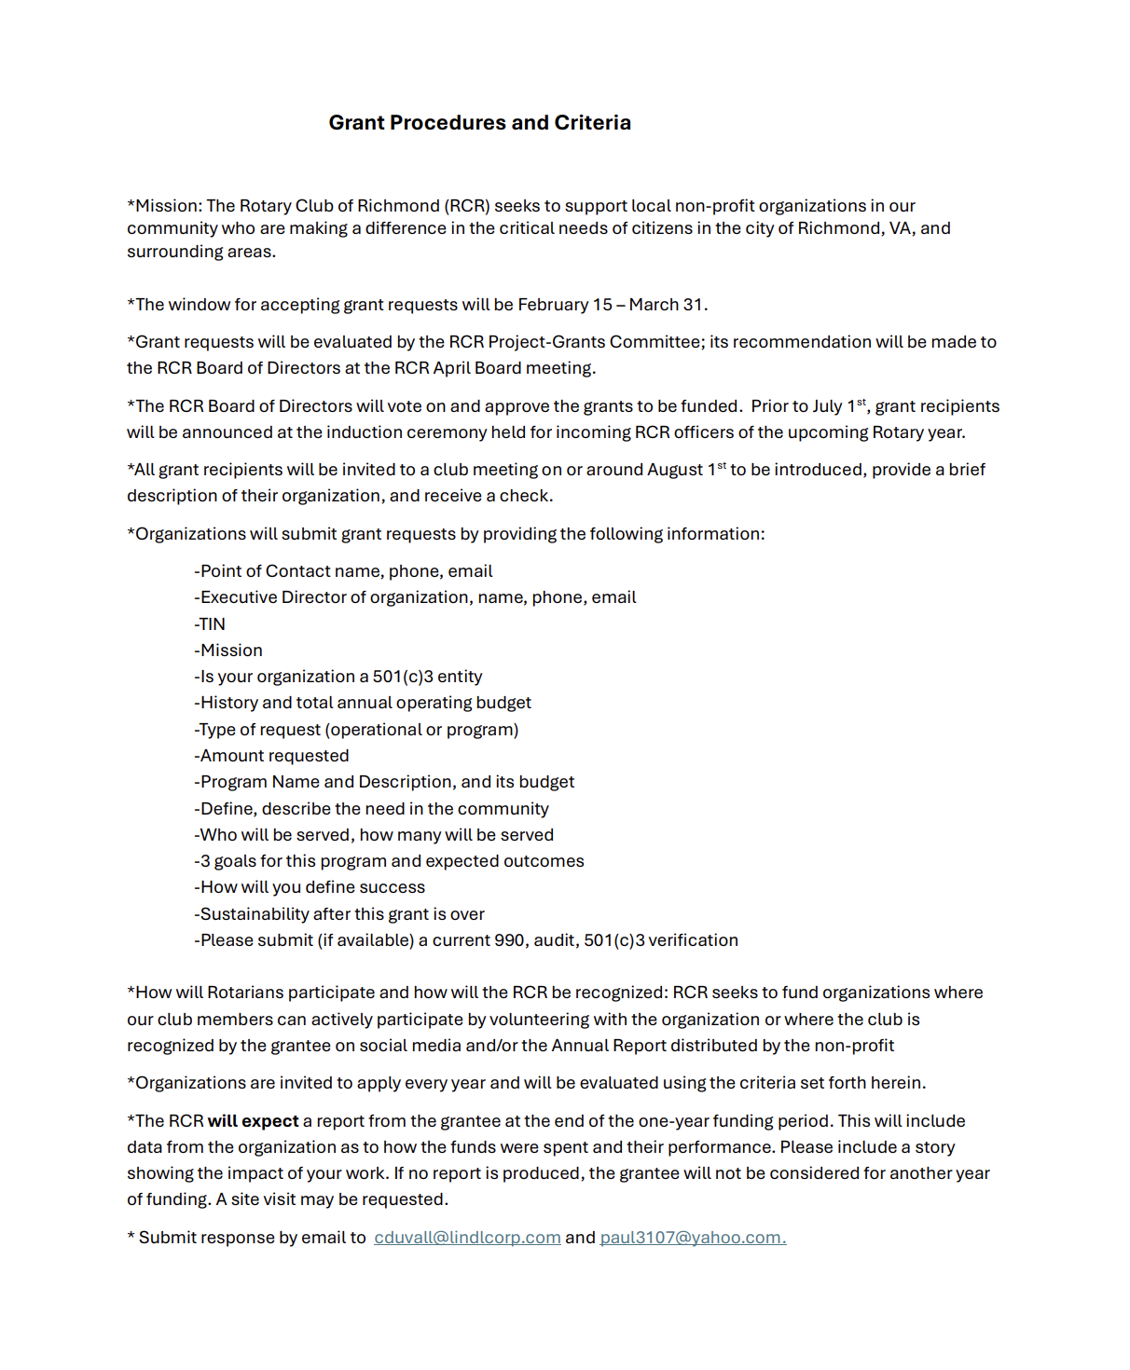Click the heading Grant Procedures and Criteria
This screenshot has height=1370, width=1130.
tap(479, 123)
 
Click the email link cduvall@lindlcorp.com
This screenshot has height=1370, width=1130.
tap(467, 1238)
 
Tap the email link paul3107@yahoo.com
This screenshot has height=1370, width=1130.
tap(692, 1238)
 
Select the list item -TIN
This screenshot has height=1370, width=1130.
tap(210, 624)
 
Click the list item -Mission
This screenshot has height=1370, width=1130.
tap(228, 651)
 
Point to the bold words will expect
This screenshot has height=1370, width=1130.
tap(253, 1121)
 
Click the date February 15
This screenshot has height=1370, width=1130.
tap(565, 305)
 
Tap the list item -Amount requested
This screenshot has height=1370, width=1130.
tap(271, 756)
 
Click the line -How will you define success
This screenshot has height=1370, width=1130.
tap(310, 887)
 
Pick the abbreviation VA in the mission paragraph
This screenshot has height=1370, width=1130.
tap(900, 228)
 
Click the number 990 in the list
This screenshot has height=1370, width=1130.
tap(509, 940)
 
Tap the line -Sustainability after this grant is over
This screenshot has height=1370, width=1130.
tap(339, 914)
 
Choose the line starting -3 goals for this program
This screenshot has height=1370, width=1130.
tap(389, 861)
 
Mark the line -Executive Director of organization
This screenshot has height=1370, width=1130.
tap(415, 597)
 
